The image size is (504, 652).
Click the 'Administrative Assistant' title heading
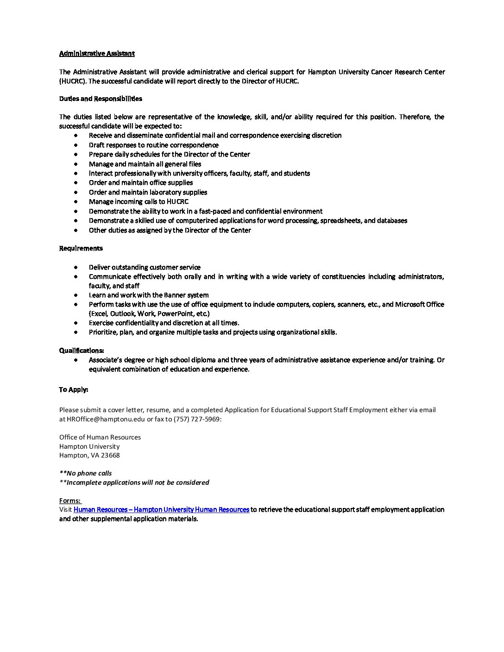pos(97,53)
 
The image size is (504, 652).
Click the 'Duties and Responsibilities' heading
pos(101,99)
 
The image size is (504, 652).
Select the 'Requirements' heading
pos(81,248)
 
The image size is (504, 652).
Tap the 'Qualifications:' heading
pos(82,350)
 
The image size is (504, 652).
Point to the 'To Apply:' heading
pos(73,389)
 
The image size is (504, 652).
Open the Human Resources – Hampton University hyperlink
pos(161,509)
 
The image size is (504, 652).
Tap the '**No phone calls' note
pos(85,473)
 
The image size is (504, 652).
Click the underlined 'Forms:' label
pos(70,501)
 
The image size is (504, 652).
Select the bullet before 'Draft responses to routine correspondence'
pos(76,145)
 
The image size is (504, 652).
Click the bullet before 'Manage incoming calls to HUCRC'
pos(76,202)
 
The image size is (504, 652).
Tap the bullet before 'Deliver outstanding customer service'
pos(76,267)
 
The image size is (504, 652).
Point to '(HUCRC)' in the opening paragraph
pos(73,81)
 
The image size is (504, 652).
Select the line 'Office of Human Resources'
pos(100,437)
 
